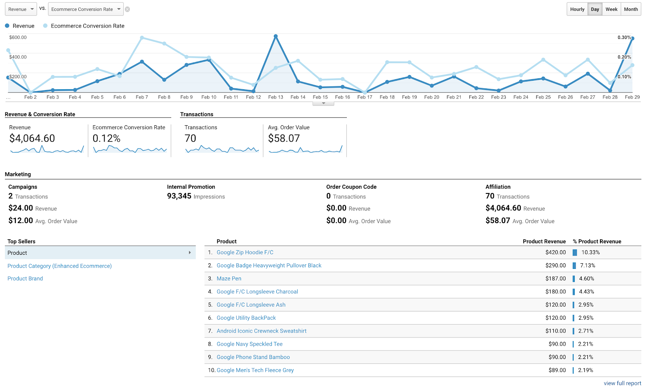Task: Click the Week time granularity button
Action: [x=611, y=9]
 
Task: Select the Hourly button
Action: [x=577, y=9]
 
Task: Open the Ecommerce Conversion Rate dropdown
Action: [x=86, y=9]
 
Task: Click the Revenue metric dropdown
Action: [x=21, y=9]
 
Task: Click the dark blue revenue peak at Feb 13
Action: [x=276, y=37]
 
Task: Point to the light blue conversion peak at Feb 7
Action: [x=142, y=38]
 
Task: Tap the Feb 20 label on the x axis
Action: [x=432, y=97]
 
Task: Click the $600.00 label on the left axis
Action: [x=18, y=37]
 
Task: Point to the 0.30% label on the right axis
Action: [x=624, y=37]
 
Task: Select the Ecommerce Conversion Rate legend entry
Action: [x=87, y=26]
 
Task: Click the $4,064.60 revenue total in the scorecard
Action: [x=32, y=139]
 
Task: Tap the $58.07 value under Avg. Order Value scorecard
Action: [x=284, y=139]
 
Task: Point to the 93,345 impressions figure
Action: [x=179, y=196]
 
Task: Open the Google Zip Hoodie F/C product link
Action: [x=245, y=252]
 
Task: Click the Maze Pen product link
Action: [x=229, y=279]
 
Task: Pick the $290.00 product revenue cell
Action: [x=555, y=266]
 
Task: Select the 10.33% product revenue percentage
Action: [x=590, y=252]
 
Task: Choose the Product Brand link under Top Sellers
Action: [x=25, y=279]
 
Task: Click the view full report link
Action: [x=622, y=383]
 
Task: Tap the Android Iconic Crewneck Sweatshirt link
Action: [x=262, y=331]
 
